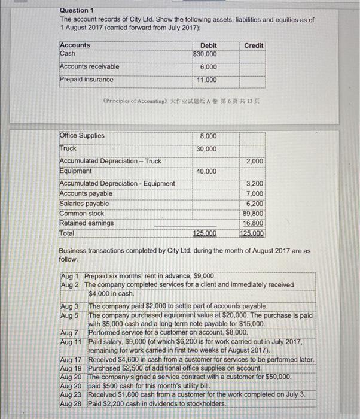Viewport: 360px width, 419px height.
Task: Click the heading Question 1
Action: (77, 10)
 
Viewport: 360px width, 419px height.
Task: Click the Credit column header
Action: (254, 45)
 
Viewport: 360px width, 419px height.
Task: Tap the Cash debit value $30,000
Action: (205, 54)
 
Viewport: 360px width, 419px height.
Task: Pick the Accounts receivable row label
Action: (89, 66)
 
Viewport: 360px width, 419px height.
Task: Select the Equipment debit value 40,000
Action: (207, 172)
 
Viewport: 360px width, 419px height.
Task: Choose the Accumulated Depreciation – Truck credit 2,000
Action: (255, 162)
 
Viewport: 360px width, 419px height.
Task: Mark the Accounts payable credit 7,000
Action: (255, 193)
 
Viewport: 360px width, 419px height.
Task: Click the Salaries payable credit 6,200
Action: (255, 204)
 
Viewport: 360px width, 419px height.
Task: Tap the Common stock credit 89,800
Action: (253, 214)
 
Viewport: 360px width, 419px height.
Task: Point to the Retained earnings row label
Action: (86, 223)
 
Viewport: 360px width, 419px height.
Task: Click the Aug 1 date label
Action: (71, 276)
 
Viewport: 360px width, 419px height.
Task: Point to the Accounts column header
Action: (75, 45)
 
